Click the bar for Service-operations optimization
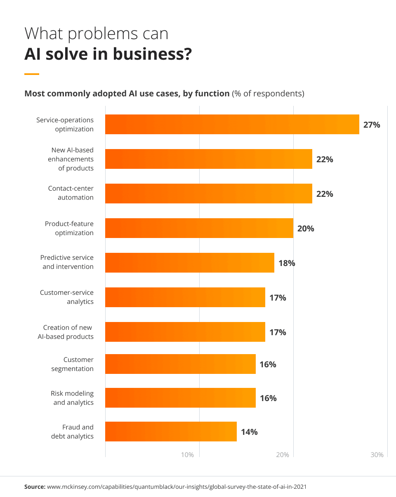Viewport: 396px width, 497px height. [x=232, y=124]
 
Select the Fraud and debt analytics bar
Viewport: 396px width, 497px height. [x=171, y=432]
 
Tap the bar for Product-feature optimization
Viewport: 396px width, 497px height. [x=199, y=228]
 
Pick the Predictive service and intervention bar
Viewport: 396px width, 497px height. [x=190, y=263]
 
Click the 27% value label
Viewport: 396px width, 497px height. [x=371, y=125]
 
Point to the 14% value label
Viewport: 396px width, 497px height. [x=249, y=432]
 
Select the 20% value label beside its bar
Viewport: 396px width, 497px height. [x=306, y=229]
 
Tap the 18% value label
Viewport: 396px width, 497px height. [x=287, y=263]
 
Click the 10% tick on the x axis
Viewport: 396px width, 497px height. [x=187, y=455]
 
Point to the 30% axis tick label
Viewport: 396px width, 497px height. [x=377, y=455]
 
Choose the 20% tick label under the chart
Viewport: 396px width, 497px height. [x=282, y=455]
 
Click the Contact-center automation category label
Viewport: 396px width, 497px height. [x=71, y=193]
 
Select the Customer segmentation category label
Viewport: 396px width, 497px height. [x=72, y=364]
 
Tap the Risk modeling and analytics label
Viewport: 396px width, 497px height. [x=72, y=398]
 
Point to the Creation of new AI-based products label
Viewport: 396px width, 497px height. [x=66, y=332]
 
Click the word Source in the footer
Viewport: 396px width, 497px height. [x=35, y=487]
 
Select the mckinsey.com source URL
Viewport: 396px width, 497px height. [x=177, y=487]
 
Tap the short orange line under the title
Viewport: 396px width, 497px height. [x=32, y=74]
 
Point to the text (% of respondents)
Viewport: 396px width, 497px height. [x=268, y=93]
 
